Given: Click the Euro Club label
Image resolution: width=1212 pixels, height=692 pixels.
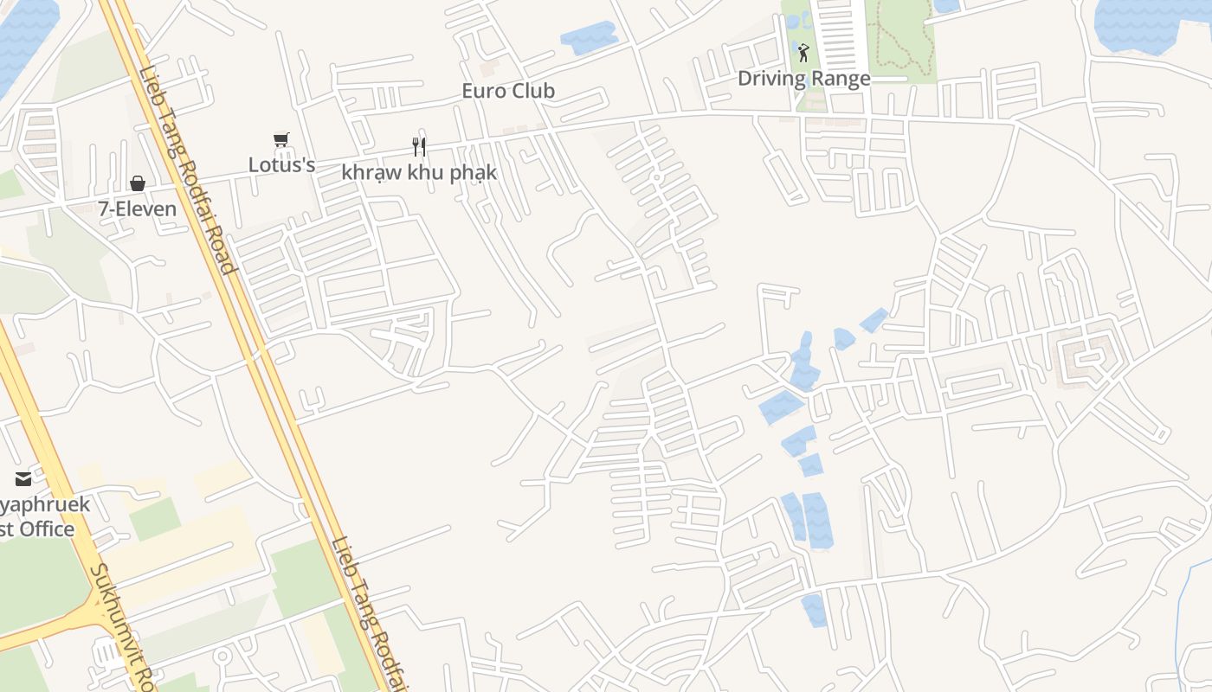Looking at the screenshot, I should tap(508, 91).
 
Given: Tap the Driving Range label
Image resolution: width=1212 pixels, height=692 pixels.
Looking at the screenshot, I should tap(803, 79).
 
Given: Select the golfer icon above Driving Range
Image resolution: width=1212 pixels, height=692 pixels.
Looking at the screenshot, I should tap(803, 53).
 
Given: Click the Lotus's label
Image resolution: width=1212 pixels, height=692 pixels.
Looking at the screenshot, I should tap(281, 164).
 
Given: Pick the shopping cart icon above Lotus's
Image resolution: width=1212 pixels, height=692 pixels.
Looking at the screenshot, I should tap(281, 139).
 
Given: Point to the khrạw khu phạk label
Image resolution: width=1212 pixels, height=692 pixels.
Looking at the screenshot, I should tap(419, 172).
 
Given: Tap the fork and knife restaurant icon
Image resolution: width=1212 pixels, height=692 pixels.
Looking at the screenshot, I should tap(419, 146).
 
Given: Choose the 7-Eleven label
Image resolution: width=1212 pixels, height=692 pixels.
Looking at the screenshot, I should tap(137, 208).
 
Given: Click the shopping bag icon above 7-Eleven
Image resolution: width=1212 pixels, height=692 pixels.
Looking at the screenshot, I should tap(137, 183).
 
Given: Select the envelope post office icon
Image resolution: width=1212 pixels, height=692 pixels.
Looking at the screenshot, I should tap(23, 478).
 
